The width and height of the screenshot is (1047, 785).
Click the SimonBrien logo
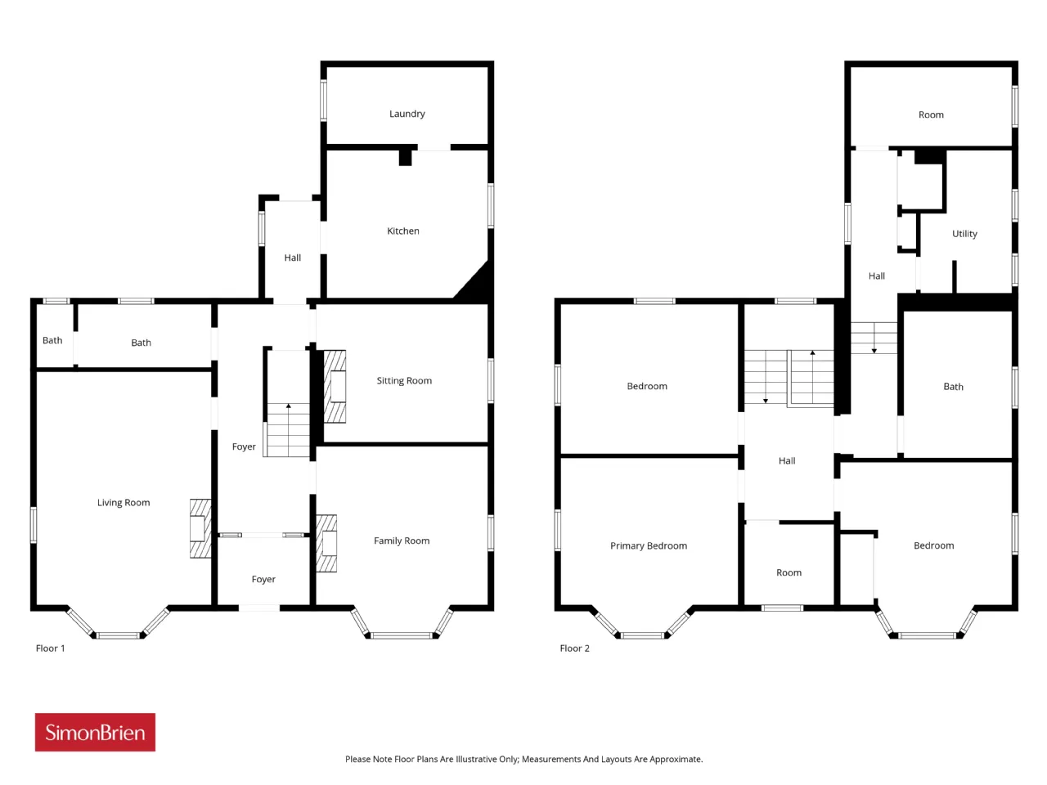95,732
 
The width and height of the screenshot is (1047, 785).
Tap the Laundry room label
407,114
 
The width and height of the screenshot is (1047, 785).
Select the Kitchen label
403,231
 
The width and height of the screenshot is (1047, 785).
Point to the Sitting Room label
404,380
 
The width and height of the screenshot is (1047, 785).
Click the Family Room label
402,541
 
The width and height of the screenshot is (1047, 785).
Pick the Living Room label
124,502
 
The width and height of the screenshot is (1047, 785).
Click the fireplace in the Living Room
200,528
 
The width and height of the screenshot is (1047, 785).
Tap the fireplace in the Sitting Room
335,387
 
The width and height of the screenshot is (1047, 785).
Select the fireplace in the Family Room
326,543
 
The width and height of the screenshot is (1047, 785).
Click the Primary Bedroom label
649,545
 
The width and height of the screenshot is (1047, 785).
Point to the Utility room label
964,234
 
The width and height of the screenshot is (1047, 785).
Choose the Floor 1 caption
50,648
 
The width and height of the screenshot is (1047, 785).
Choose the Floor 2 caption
574,648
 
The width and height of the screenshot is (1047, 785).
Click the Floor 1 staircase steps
288,430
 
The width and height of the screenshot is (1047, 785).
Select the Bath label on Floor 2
953,387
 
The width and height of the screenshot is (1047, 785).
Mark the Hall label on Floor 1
292,258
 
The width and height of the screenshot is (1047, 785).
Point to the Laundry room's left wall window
323,100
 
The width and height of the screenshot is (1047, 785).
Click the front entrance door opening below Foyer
259,608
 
